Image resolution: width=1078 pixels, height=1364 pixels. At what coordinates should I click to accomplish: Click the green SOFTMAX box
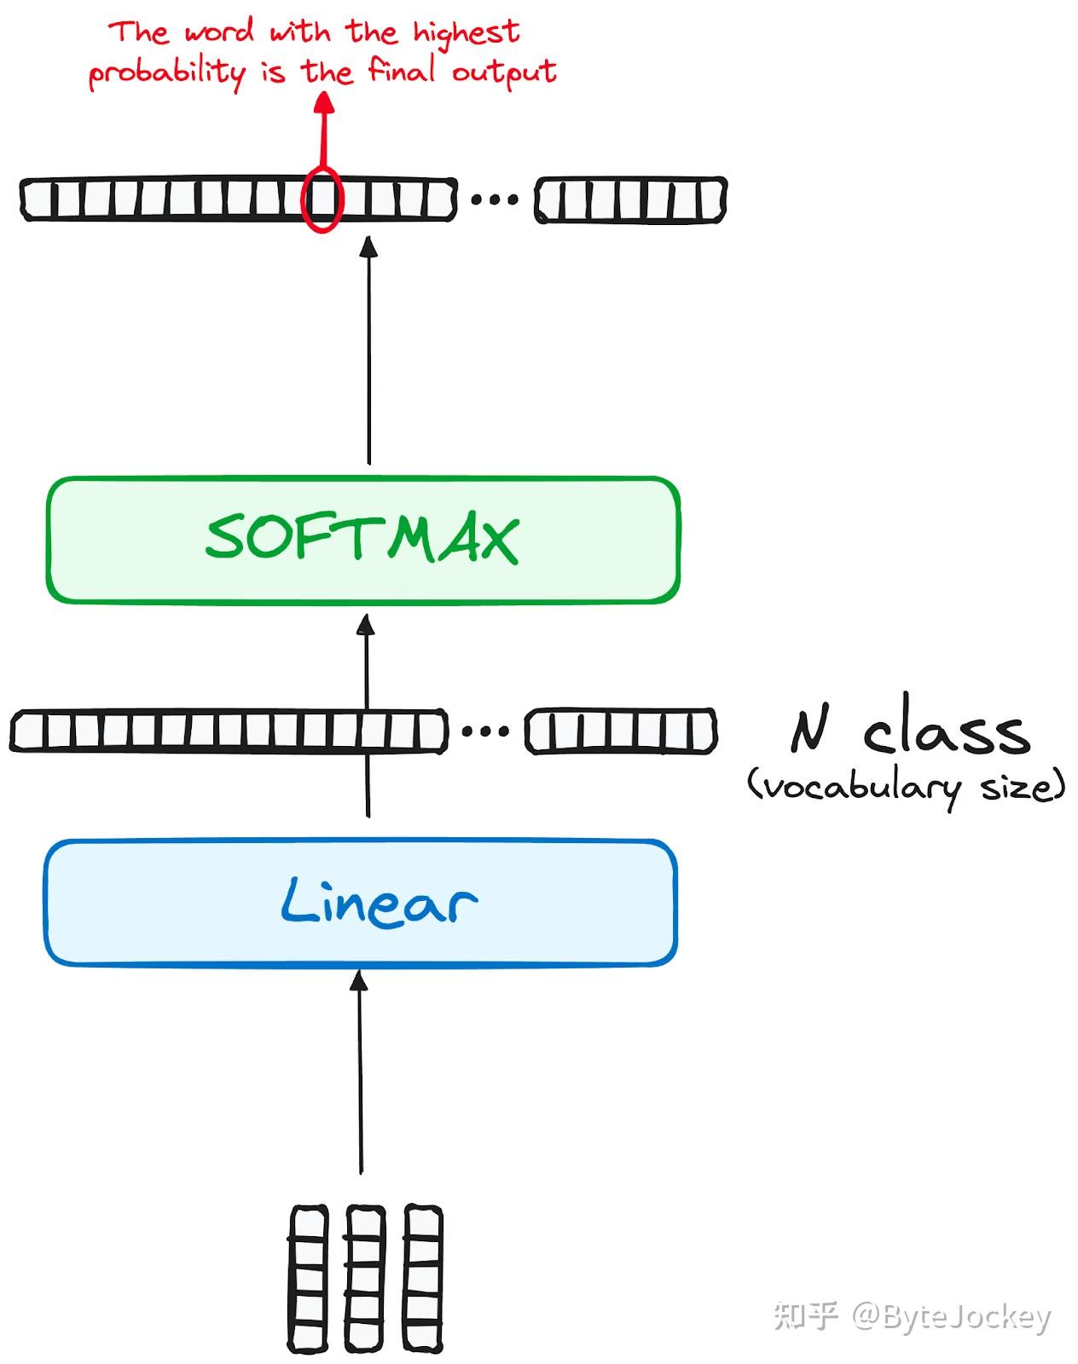[362, 540]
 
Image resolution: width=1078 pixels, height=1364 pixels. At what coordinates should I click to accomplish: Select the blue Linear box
[360, 902]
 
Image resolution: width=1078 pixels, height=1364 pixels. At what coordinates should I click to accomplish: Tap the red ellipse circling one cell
[322, 199]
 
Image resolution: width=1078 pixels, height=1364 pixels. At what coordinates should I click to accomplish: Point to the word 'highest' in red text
[466, 34]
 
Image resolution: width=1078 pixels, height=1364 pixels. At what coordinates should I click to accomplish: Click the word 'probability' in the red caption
[167, 73]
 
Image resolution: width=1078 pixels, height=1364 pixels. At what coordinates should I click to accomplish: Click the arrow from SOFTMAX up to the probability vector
[368, 350]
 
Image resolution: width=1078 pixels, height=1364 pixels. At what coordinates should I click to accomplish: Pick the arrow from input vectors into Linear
[360, 1074]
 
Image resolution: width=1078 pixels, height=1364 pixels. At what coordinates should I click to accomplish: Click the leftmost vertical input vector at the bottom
[308, 1279]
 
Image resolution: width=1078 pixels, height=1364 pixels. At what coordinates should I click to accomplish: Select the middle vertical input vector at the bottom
[364, 1279]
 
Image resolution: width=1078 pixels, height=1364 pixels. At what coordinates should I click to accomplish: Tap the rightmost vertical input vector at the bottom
[422, 1279]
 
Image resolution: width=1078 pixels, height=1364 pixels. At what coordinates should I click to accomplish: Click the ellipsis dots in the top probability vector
[495, 200]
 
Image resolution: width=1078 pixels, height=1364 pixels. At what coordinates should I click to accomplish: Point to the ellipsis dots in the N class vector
[485, 731]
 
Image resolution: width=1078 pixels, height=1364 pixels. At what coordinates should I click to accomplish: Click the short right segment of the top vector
[630, 200]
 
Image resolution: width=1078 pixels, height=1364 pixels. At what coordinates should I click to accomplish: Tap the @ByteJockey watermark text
[950, 1317]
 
